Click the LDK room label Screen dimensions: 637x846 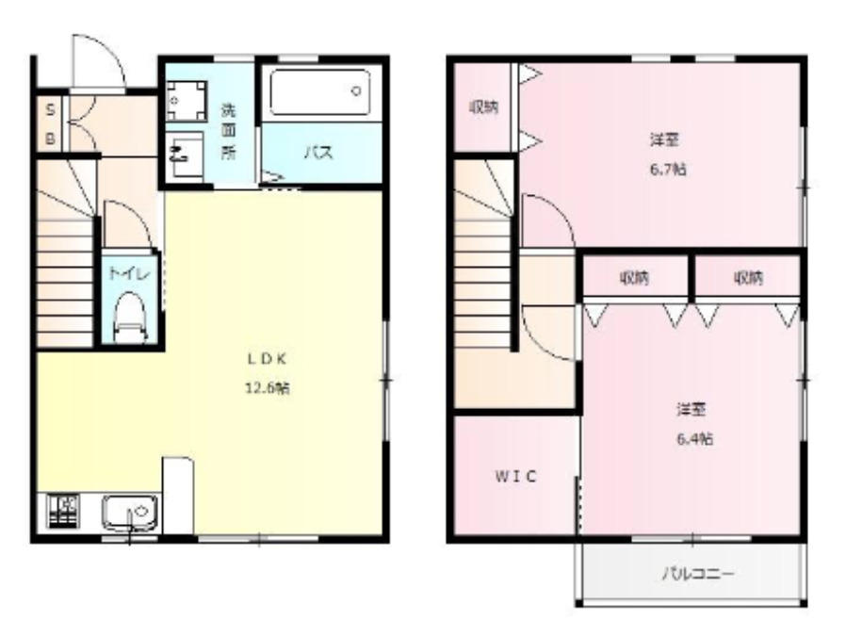pos(267,358)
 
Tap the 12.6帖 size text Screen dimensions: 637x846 pos(267,387)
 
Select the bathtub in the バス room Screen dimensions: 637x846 pos(320,92)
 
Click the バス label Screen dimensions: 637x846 pos(320,153)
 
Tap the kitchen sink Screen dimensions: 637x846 pos(130,514)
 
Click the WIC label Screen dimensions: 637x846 pos(516,476)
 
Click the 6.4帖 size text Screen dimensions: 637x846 pos(693,438)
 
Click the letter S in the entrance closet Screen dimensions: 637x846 pos(51,109)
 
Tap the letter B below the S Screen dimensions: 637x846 pos(51,138)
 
